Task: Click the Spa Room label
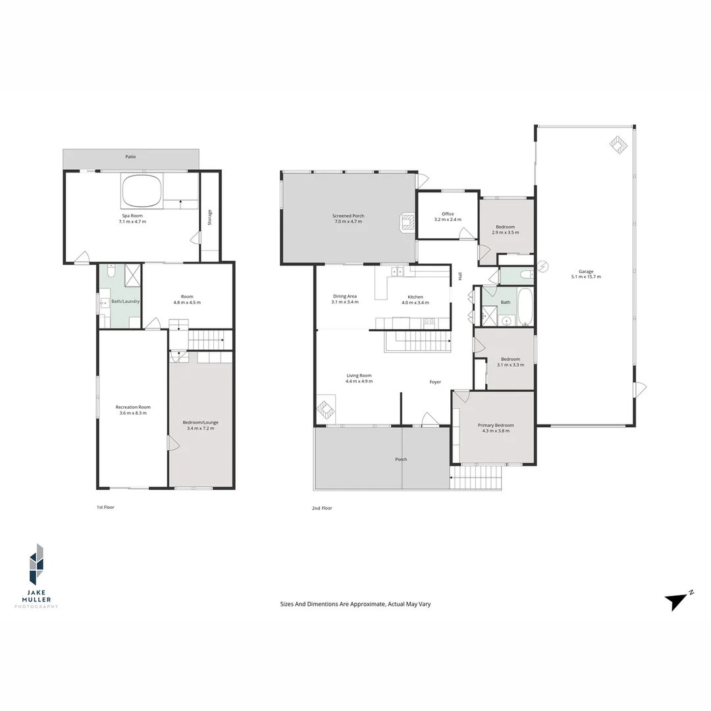(x=132, y=216)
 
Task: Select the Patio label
(x=130, y=157)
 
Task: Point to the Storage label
(x=209, y=218)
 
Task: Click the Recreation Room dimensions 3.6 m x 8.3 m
(x=133, y=413)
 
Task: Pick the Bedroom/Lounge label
(x=200, y=422)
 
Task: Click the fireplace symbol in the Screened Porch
(x=408, y=223)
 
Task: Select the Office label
(x=448, y=214)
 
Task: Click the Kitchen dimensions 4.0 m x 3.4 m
(x=415, y=302)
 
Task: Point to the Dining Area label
(x=344, y=296)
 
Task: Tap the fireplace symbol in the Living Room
(x=326, y=409)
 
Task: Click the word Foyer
(x=435, y=382)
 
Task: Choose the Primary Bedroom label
(x=496, y=425)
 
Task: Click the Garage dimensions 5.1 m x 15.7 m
(x=586, y=276)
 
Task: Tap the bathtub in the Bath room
(x=525, y=307)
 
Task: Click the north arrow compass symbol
(x=677, y=602)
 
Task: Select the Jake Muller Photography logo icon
(x=36, y=564)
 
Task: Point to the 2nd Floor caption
(x=322, y=508)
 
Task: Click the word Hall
(x=460, y=276)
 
